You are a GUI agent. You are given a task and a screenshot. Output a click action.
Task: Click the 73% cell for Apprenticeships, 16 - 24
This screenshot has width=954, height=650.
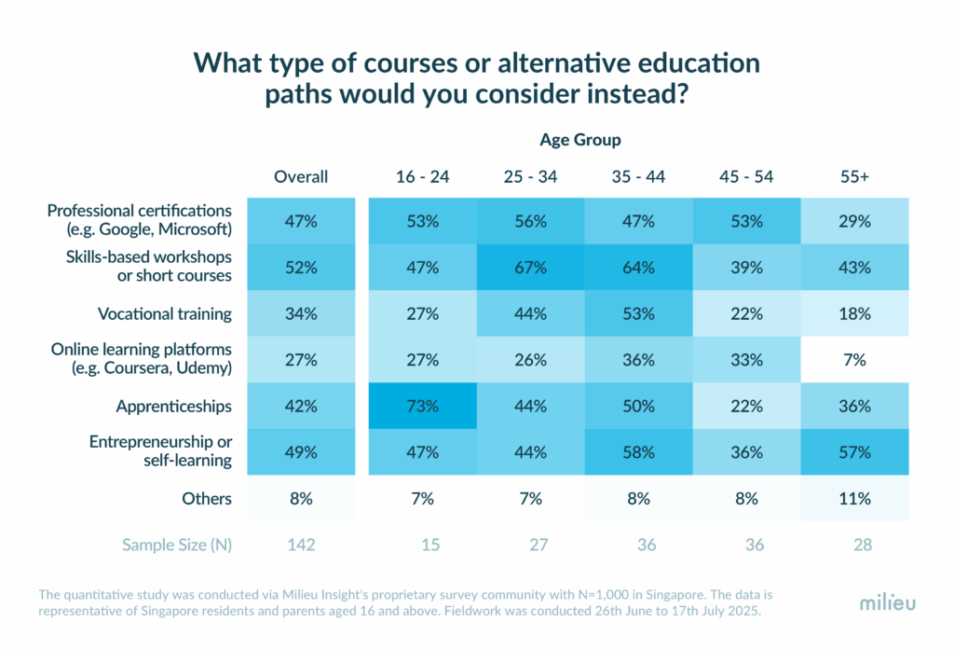point(423,406)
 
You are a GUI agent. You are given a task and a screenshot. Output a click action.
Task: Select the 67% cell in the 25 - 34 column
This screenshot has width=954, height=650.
point(530,268)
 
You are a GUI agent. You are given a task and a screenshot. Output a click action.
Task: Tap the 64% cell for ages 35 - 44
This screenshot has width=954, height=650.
point(638,268)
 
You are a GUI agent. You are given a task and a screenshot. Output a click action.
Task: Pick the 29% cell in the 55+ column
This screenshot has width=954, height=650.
point(855,221)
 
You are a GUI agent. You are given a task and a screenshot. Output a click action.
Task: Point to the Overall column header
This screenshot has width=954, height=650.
point(301,176)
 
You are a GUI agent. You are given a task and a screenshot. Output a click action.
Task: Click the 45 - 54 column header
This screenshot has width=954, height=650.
point(746,176)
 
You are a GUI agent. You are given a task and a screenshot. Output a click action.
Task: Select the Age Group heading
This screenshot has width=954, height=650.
point(580,140)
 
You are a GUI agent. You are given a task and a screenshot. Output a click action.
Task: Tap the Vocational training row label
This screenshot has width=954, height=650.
point(165,313)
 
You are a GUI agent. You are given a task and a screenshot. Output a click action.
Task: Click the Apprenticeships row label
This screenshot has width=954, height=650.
point(174,407)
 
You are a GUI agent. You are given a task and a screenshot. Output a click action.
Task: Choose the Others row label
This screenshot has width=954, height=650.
point(207,498)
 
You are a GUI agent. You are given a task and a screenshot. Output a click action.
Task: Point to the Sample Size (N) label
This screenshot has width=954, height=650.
point(177,545)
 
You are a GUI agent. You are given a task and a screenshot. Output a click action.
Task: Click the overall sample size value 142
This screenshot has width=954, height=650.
point(301,545)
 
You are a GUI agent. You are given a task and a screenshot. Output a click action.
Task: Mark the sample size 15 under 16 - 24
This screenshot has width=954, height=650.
point(430,545)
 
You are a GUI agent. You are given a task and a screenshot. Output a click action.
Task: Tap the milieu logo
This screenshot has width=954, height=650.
point(888,603)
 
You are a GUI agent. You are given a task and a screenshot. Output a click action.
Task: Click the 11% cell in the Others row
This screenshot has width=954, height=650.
point(855,498)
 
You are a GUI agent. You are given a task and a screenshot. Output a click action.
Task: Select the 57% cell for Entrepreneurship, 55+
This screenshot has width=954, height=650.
point(855,452)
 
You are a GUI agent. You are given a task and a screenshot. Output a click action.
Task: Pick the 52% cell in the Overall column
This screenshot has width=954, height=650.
point(301,268)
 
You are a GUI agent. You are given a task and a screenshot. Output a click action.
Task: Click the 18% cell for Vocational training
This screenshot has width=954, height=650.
point(855,313)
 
